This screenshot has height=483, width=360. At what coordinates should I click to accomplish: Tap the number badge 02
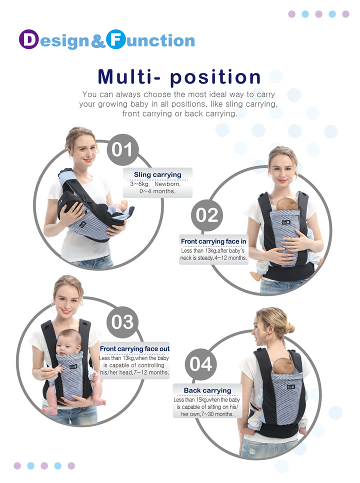coord(207,215)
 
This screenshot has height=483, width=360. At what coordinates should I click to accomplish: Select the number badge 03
coord(122,321)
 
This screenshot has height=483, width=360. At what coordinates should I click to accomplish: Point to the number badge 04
coord(201,364)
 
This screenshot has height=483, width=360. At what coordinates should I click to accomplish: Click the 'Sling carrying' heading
coord(157,174)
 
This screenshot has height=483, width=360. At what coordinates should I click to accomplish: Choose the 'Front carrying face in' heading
coord(213,241)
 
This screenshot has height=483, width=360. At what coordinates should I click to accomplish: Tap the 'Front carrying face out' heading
coord(134,348)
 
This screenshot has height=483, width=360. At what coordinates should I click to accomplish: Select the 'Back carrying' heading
coord(207,390)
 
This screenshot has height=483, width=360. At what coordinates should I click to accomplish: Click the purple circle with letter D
coord(29,40)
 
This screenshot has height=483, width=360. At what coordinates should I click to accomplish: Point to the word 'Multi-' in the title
coord(130,77)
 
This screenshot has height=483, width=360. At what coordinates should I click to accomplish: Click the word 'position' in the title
coord(215,77)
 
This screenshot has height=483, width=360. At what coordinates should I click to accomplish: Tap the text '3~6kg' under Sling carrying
coord(139,183)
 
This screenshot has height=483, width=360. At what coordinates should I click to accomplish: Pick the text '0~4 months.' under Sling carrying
coord(157,191)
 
